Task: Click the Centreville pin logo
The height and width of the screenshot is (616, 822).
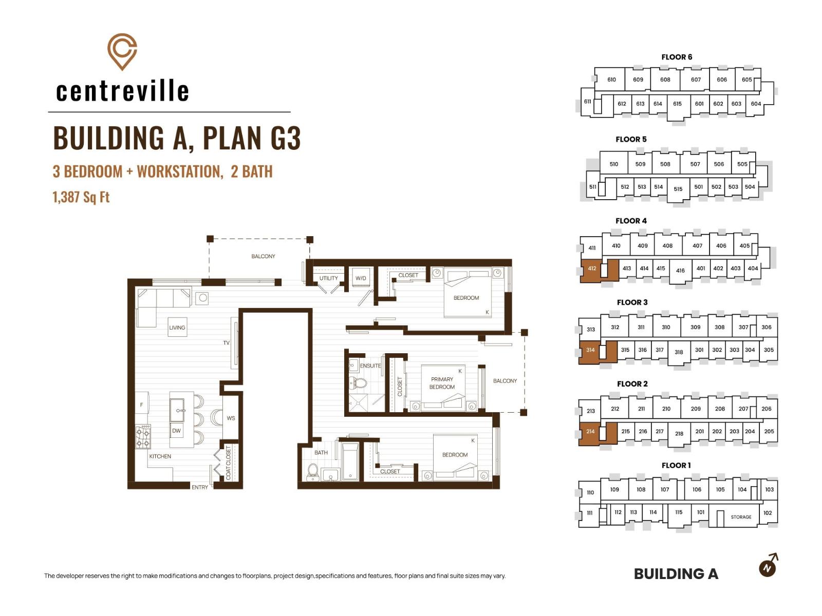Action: (x=122, y=52)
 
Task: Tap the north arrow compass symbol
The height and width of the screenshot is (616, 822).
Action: (x=769, y=566)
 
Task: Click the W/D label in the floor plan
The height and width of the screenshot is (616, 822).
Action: (x=361, y=278)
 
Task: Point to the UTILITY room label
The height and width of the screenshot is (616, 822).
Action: (x=328, y=278)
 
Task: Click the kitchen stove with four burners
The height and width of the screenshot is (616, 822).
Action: (x=143, y=436)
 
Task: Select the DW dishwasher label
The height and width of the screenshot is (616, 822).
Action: (x=176, y=431)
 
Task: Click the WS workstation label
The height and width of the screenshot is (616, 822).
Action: (x=231, y=418)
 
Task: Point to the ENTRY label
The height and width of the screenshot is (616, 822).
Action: (x=200, y=487)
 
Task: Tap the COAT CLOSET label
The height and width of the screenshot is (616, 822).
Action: (x=228, y=463)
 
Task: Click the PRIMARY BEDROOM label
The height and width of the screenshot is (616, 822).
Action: (x=442, y=383)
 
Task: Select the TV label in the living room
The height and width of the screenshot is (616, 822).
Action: (x=226, y=342)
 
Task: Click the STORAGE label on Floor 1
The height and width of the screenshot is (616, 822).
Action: (x=741, y=517)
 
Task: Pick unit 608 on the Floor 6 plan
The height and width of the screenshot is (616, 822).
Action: (x=665, y=80)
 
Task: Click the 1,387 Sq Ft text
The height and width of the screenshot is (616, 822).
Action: (x=81, y=197)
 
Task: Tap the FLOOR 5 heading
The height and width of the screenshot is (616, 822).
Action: (x=631, y=139)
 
